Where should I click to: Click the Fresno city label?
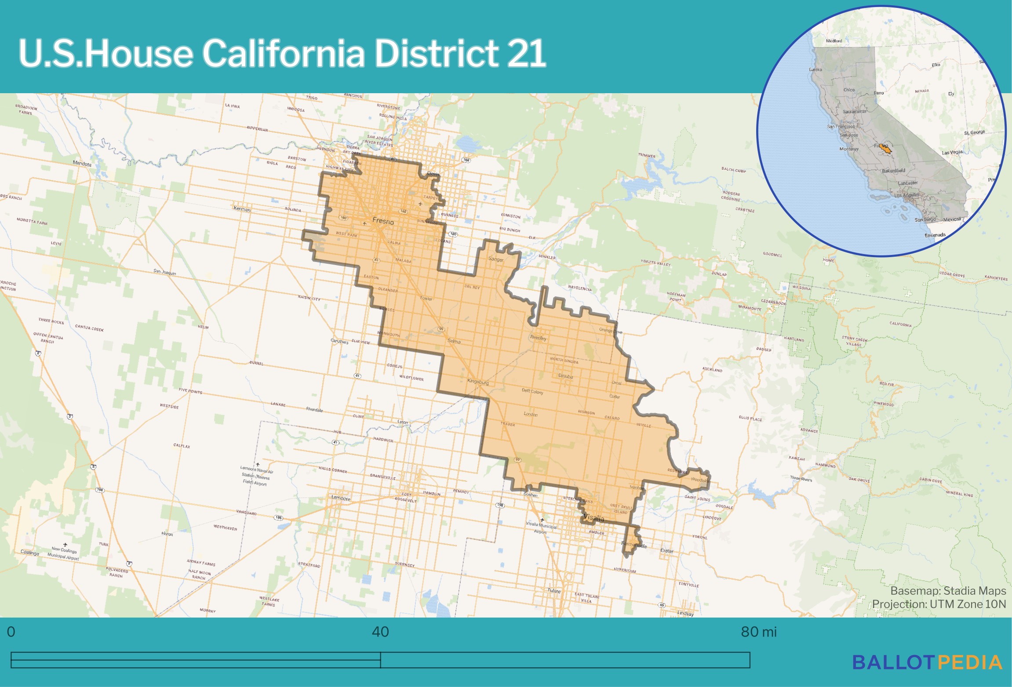click(383, 221)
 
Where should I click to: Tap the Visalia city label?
click(593, 518)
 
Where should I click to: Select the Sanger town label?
click(496, 259)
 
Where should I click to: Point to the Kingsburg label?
click(478, 382)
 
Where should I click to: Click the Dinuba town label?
click(565, 376)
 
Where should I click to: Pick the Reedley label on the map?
click(538, 338)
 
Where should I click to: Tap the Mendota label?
click(82, 164)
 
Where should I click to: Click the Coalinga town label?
click(29, 553)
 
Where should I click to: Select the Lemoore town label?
click(341, 498)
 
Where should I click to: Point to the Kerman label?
click(242, 209)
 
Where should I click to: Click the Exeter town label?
click(666, 551)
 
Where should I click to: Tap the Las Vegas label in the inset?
click(952, 153)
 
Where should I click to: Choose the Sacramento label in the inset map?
click(854, 112)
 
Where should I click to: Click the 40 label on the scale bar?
click(380, 632)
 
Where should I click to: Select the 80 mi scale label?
click(758, 632)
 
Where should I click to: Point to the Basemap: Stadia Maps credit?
click(948, 591)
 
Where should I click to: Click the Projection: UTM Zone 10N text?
click(939, 604)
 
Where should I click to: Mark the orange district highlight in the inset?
click(885, 149)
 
